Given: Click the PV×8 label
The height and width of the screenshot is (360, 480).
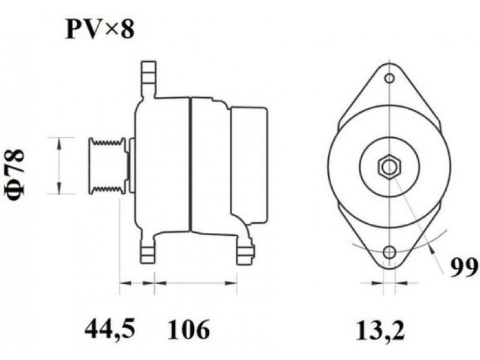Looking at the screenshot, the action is coord(100,30).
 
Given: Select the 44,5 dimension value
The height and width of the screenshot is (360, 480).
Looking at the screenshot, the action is coord(110,329).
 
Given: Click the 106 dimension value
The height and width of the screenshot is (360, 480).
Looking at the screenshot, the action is coord(189,329).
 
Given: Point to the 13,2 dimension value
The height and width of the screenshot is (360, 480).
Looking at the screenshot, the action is coord(380,330).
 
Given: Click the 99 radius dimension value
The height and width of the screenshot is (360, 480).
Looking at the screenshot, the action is coord(463,268).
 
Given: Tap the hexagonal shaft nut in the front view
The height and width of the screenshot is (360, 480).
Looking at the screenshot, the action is coord(389,167).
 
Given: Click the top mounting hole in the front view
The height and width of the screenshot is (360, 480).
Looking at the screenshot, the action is coord(389,79).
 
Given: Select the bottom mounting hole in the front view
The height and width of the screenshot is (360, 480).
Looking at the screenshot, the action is coord(389,252).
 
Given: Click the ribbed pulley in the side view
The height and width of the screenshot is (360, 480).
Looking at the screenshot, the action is coord(107,166).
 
